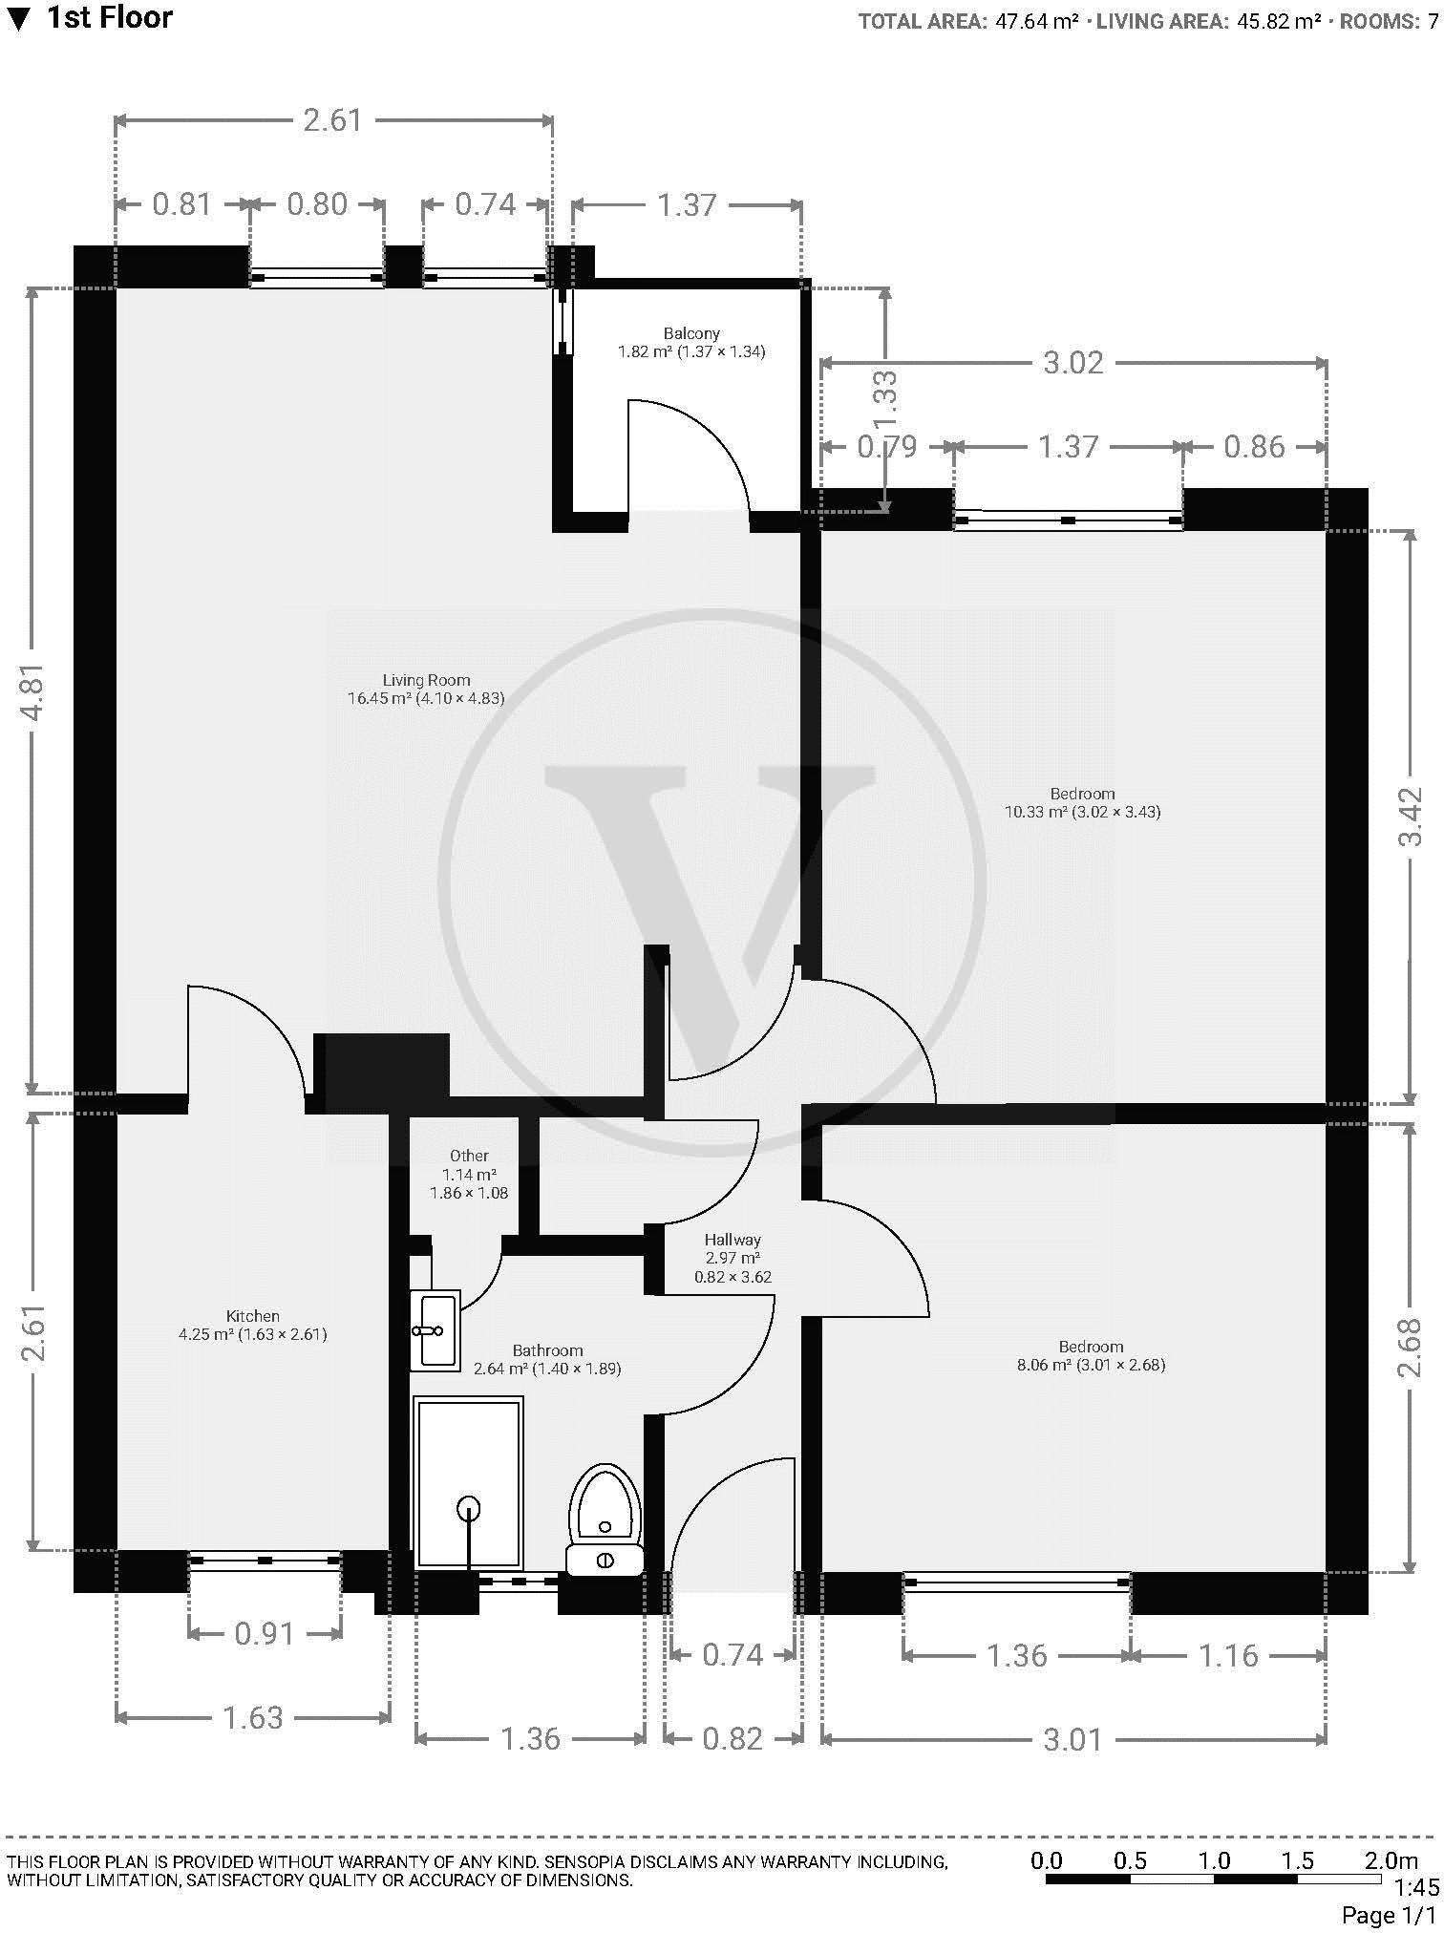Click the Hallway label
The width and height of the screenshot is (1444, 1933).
tap(733, 1240)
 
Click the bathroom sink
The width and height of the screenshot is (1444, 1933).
tap(436, 1328)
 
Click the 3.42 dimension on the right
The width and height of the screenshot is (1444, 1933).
tap(1411, 817)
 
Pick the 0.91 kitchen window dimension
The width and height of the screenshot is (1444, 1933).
tap(265, 1633)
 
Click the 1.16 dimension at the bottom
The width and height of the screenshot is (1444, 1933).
tap(1228, 1654)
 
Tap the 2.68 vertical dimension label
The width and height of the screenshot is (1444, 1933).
tap(1411, 1347)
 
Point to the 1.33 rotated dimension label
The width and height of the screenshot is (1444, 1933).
tap(886, 399)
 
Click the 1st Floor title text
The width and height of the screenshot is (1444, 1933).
tap(110, 17)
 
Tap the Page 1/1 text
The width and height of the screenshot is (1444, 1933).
tap(1388, 1915)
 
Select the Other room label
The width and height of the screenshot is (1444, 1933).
tap(469, 1156)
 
